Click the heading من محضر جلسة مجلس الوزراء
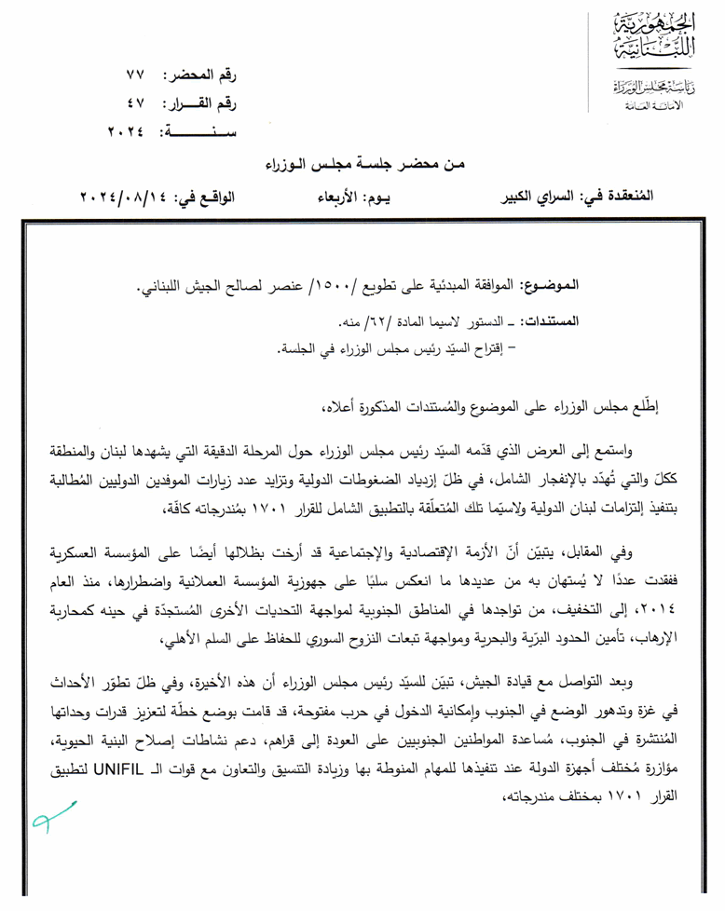[x=365, y=165]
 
